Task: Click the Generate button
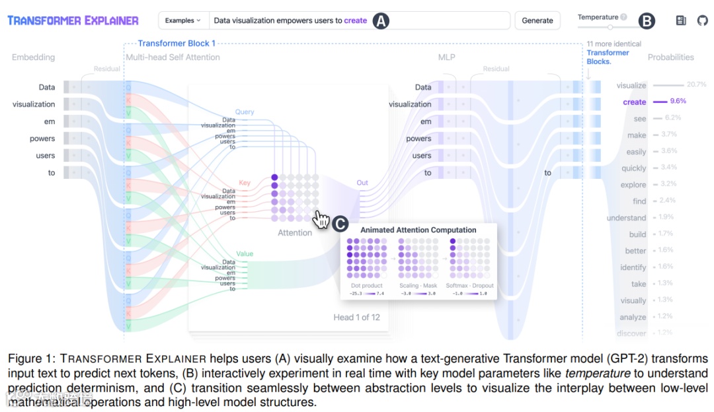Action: pyautogui.click(x=537, y=20)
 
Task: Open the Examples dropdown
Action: pyautogui.click(x=183, y=20)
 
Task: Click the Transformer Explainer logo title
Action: pyautogui.click(x=73, y=20)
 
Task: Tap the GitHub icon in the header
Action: pyautogui.click(x=702, y=20)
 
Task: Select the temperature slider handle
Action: pyautogui.click(x=610, y=27)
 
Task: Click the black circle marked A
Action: pyautogui.click(x=381, y=21)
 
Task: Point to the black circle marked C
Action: pyautogui.click(x=340, y=224)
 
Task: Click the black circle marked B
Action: pyautogui.click(x=647, y=21)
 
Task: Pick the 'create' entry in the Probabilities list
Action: pyautogui.click(x=635, y=102)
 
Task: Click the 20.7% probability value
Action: pyautogui.click(x=697, y=85)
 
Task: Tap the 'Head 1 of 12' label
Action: pyautogui.click(x=356, y=318)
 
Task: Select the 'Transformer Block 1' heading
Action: pyautogui.click(x=177, y=44)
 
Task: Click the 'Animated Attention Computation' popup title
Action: pyautogui.click(x=418, y=230)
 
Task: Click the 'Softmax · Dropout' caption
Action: pyautogui.click(x=469, y=286)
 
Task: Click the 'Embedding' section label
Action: pyautogui.click(x=33, y=57)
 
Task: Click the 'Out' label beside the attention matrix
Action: pyautogui.click(x=362, y=183)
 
